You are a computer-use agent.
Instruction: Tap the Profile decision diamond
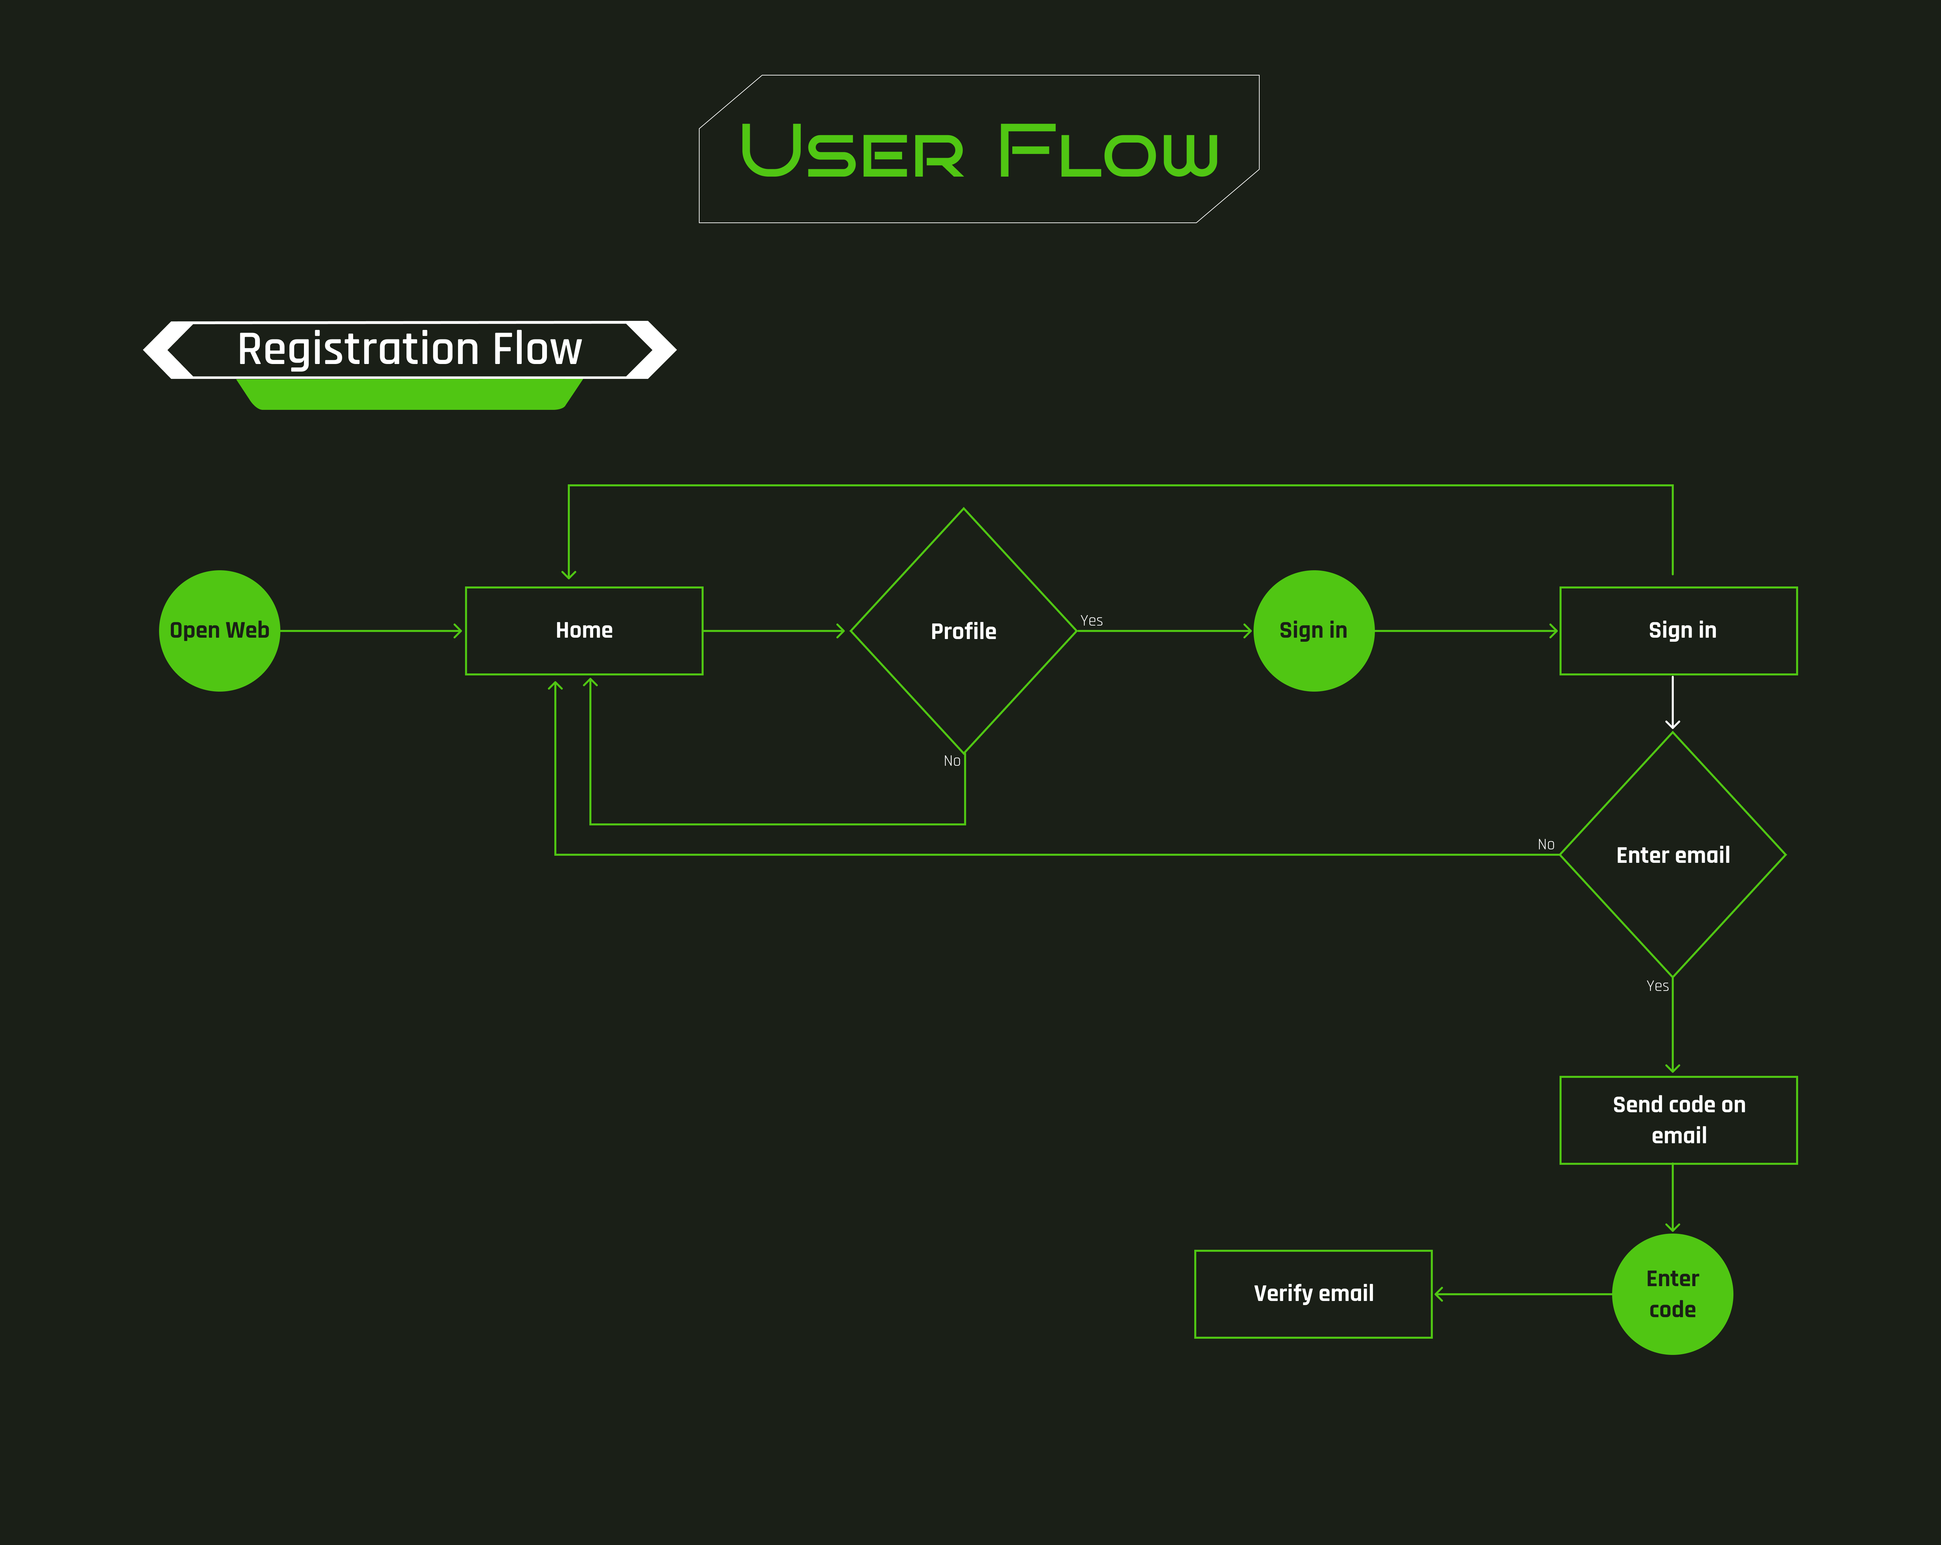click(x=963, y=630)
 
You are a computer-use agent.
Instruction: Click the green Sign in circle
click(x=1314, y=630)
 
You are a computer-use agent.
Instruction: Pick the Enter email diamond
click(x=1673, y=854)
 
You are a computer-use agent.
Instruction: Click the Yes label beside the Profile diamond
click(x=1091, y=620)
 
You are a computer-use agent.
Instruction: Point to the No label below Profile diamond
click(x=952, y=761)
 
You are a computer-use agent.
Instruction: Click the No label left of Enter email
click(x=1546, y=845)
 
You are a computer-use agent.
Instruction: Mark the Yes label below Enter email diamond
click(x=1657, y=986)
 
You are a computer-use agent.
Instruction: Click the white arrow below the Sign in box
click(x=1673, y=702)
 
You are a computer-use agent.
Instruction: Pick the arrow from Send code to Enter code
click(x=1673, y=1198)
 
